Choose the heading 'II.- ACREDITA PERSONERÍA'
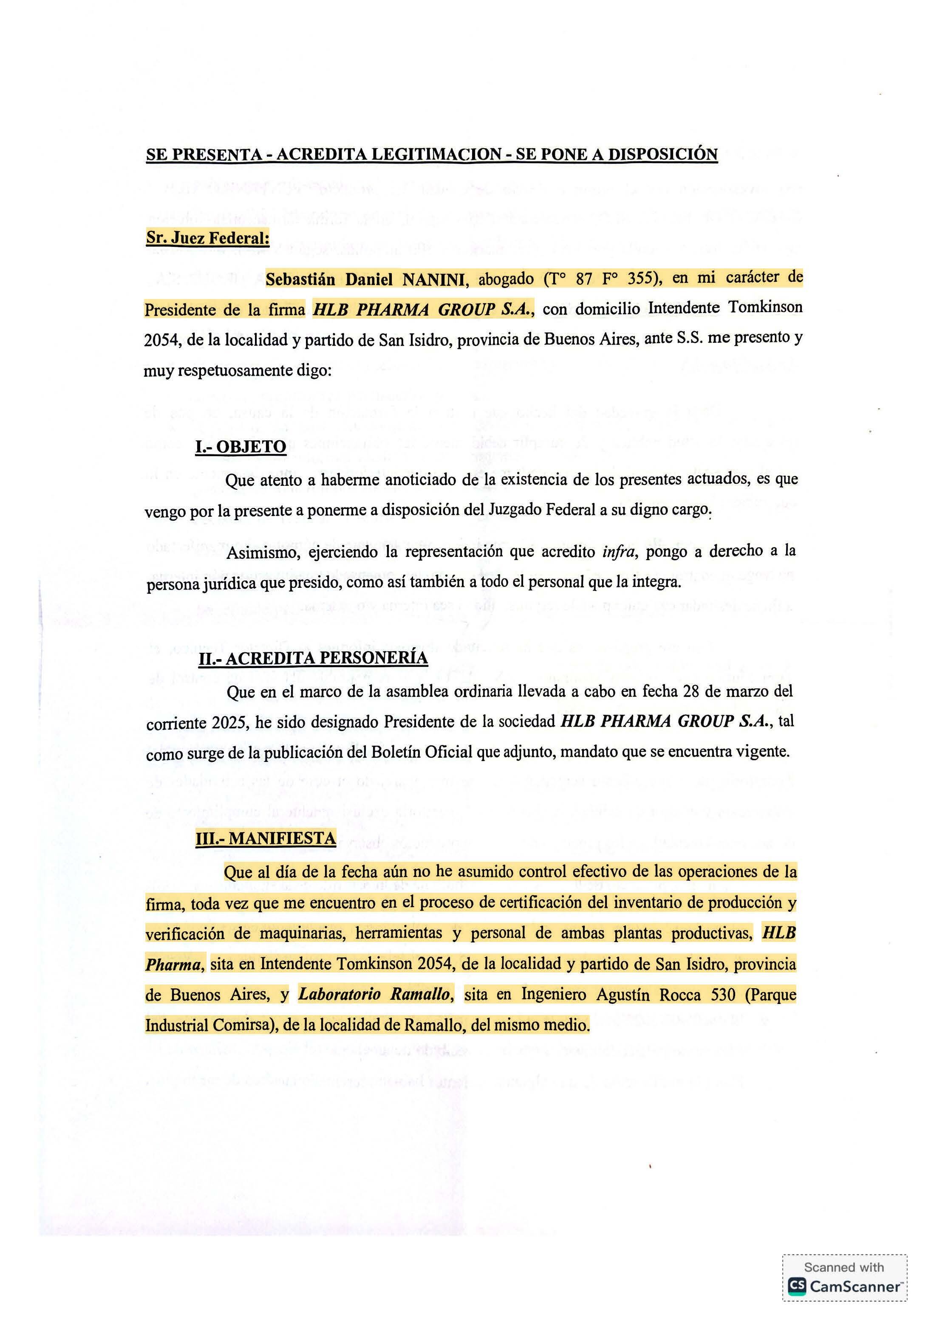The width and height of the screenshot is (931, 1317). [x=313, y=658]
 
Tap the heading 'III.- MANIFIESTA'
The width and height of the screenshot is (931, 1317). [x=265, y=839]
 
